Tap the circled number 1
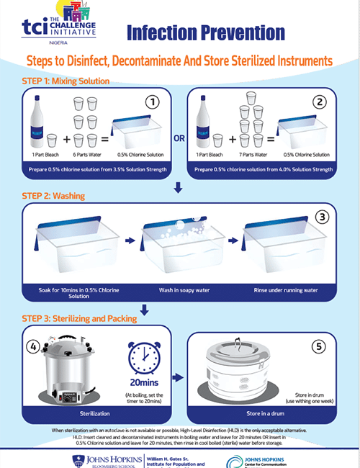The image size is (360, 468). [x=151, y=102]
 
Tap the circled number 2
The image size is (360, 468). [x=320, y=102]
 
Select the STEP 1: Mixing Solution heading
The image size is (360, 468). [x=66, y=81]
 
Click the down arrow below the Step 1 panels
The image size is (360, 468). [x=179, y=189]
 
